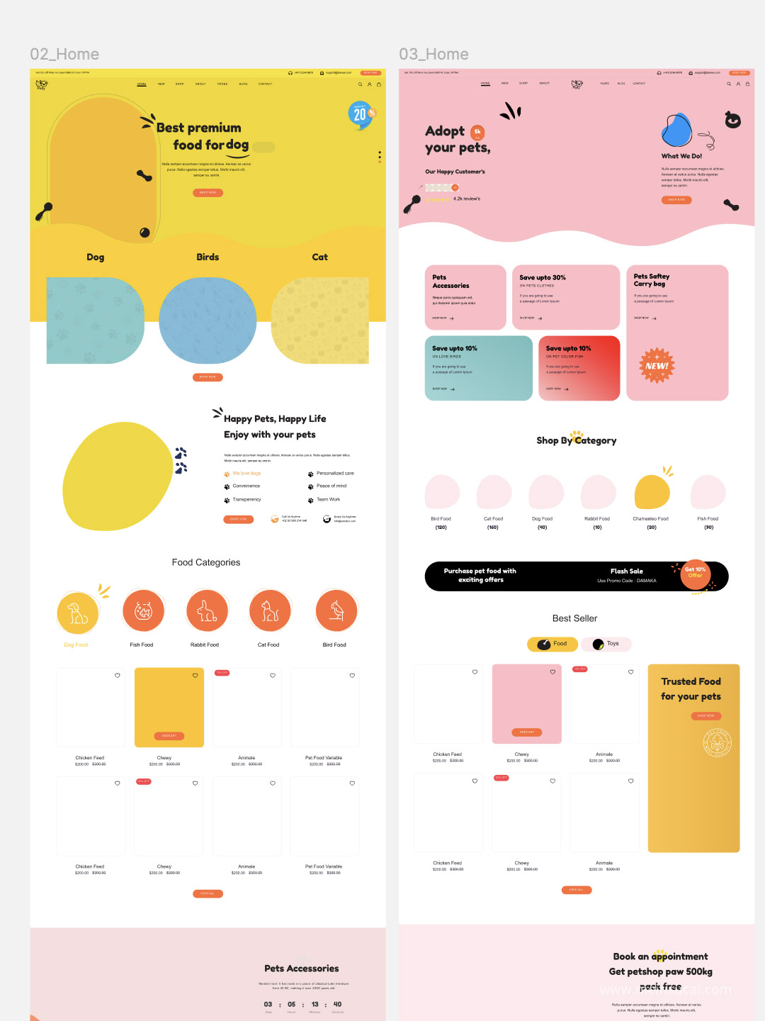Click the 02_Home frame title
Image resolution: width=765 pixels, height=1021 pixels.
tap(64, 55)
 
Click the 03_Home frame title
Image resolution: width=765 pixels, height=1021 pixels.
tap(433, 55)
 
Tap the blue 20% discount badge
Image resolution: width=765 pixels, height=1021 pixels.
tap(361, 114)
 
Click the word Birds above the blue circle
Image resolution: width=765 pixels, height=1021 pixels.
tap(208, 257)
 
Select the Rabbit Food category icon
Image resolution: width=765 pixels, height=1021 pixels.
tap(207, 610)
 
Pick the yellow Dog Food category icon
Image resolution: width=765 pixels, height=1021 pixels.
tap(77, 613)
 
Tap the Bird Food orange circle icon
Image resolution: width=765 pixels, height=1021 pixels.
tap(336, 610)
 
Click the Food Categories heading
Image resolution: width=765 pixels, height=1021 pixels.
tap(206, 562)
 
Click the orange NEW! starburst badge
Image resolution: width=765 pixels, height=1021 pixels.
tap(657, 366)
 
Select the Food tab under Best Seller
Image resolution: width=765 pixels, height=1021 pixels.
tap(552, 644)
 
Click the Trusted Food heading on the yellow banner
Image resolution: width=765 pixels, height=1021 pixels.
tap(691, 681)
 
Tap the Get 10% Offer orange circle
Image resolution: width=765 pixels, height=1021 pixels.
tap(695, 573)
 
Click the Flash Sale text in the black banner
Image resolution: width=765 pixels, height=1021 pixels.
tap(627, 571)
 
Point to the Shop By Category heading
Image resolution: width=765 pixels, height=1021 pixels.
tap(577, 440)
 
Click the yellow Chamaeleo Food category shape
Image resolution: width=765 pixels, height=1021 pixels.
tap(652, 492)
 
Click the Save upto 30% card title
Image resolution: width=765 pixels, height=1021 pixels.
tap(543, 277)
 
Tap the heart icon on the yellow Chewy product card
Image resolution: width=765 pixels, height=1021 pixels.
tap(195, 676)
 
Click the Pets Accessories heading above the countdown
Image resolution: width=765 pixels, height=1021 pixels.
tap(302, 969)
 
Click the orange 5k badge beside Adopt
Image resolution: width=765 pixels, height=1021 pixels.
tap(477, 131)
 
